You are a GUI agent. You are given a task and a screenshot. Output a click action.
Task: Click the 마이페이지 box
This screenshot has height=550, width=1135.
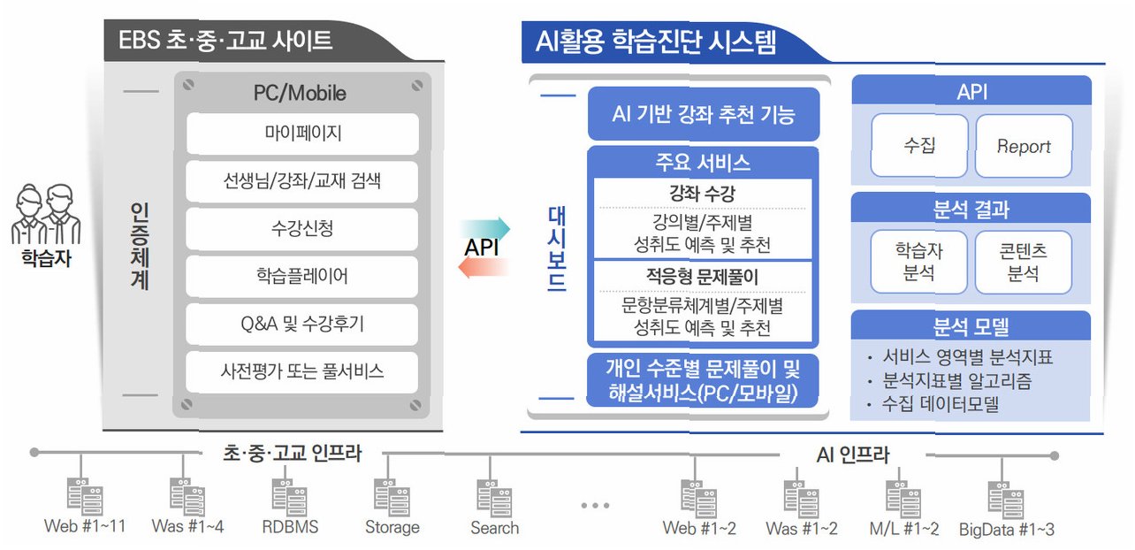[302, 134]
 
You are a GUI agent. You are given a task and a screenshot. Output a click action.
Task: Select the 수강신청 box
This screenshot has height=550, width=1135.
[302, 229]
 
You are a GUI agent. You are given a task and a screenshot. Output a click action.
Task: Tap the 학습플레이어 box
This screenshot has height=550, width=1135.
[302, 277]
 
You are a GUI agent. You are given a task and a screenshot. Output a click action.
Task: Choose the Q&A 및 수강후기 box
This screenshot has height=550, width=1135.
[302, 325]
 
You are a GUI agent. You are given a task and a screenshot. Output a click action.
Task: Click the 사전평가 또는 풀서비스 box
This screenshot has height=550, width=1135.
[302, 371]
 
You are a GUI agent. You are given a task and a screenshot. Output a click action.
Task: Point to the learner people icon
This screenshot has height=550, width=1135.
[47, 214]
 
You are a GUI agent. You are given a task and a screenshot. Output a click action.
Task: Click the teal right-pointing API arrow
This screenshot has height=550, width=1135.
[485, 227]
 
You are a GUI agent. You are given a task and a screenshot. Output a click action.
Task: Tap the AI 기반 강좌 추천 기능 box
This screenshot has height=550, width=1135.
[704, 114]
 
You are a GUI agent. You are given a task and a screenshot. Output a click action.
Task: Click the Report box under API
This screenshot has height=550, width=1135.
[1024, 146]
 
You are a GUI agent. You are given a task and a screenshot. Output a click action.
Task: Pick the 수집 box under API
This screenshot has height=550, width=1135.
[919, 146]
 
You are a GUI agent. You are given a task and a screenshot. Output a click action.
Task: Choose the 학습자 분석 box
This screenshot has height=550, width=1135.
[919, 262]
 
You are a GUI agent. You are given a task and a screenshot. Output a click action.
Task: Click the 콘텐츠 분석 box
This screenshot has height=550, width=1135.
[1024, 262]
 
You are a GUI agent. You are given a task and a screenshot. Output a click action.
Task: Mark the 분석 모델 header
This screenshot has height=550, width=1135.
[971, 326]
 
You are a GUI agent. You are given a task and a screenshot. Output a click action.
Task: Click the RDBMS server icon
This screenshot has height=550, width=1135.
[289, 497]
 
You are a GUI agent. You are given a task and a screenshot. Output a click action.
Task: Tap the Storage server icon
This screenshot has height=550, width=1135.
[392, 497]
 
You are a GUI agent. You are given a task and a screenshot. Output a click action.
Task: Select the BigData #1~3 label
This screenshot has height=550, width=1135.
[1007, 529]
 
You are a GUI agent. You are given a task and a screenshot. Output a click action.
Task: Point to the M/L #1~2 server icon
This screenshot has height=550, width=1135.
[903, 497]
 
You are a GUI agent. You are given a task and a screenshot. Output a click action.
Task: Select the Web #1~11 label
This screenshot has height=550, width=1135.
[85, 527]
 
